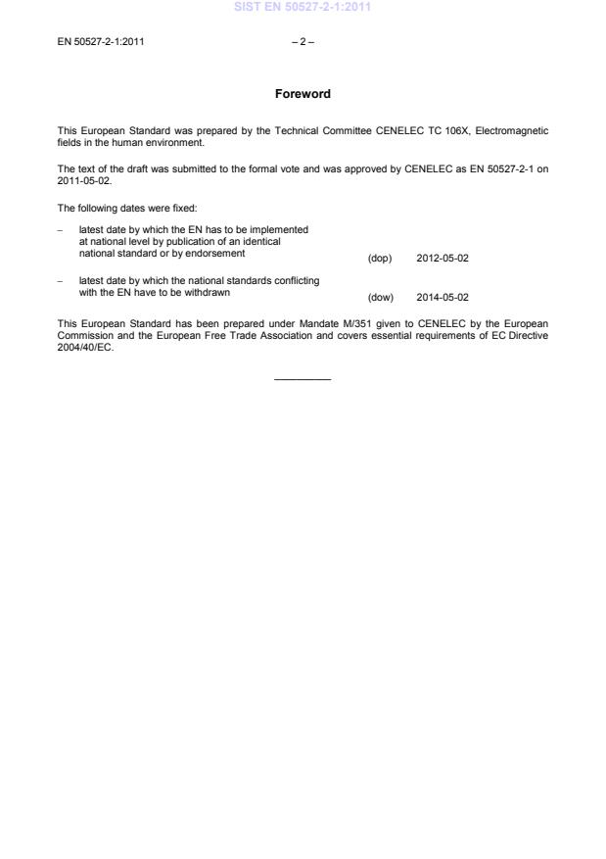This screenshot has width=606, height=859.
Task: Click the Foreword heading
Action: tap(303, 94)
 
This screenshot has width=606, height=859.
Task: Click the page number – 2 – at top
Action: tap(303, 42)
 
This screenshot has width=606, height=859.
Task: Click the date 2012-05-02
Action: tap(449, 259)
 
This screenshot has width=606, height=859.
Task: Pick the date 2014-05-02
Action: tap(449, 297)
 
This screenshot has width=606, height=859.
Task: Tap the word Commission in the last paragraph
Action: tap(88, 332)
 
